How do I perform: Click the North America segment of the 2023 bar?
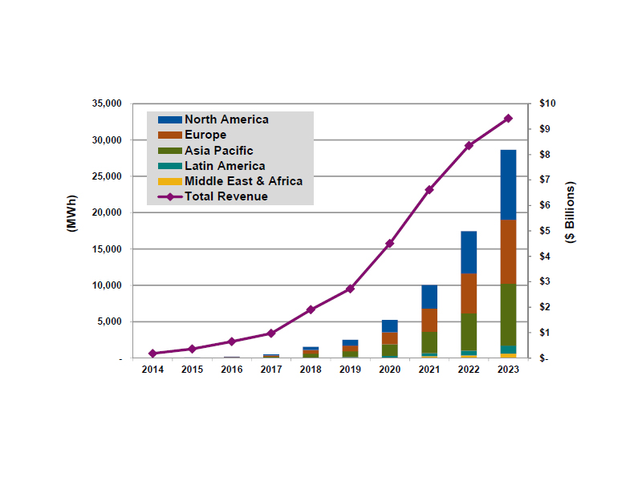[508, 184]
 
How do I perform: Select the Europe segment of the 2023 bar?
[508, 251]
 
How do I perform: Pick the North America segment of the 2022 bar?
[469, 252]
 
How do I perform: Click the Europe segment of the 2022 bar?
[469, 293]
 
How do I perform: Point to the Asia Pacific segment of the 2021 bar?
[429, 342]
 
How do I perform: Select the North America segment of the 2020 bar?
[390, 325]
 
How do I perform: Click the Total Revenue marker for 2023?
[508, 118]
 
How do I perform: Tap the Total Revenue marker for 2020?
[390, 243]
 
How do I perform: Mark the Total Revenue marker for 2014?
[152, 353]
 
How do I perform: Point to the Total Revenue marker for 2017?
[271, 333]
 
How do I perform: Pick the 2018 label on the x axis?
[311, 370]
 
